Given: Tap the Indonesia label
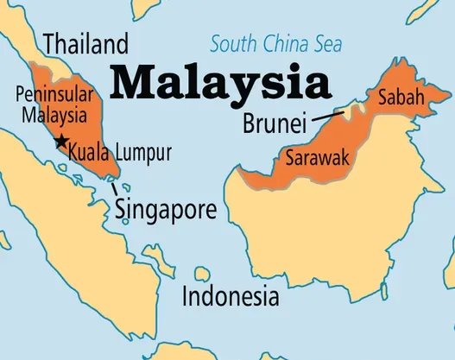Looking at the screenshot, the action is [x=231, y=298].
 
